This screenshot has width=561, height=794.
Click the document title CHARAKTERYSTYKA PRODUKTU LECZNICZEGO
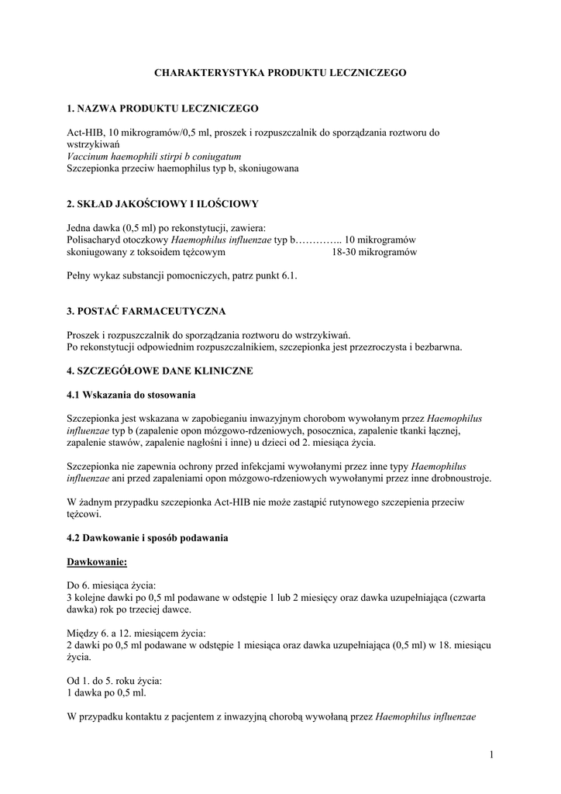coord(280,72)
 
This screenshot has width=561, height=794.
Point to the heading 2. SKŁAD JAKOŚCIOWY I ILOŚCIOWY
coord(163,204)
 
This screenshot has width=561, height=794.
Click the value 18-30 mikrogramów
coord(374,252)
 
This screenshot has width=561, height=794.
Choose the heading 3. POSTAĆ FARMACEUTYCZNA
coord(146,311)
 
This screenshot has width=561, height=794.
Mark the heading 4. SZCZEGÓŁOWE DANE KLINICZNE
coord(160,371)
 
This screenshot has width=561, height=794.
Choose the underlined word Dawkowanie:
coord(96,561)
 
